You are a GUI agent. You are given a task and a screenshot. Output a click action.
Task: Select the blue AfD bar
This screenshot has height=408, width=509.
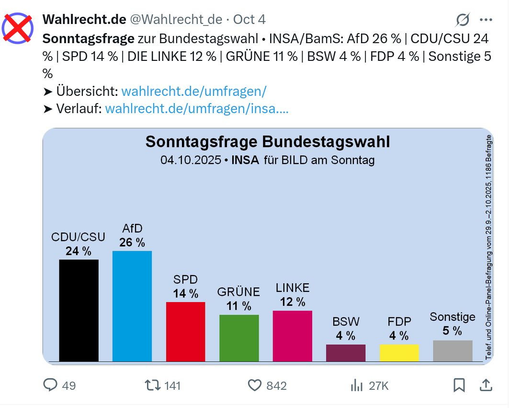pyautogui.click(x=132, y=305)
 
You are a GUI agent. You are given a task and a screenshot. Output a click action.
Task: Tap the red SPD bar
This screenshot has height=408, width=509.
pyautogui.click(x=185, y=331)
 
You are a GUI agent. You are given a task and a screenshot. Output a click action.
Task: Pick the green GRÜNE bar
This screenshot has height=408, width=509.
pyautogui.click(x=239, y=338)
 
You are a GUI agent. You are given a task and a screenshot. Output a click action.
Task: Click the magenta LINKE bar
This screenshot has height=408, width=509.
pyautogui.click(x=292, y=336)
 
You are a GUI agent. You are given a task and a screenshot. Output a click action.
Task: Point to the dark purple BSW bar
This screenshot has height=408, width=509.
pyautogui.click(x=345, y=352)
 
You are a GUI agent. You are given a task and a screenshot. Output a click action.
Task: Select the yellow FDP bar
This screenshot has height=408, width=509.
pyautogui.click(x=399, y=352)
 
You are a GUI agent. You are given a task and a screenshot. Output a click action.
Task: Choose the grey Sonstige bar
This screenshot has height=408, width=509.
pyautogui.click(x=452, y=350)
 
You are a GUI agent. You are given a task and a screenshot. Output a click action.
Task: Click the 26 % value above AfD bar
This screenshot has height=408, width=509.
pyautogui.click(x=132, y=243)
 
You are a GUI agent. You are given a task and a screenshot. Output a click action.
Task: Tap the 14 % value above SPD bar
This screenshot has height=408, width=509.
pyautogui.click(x=185, y=293)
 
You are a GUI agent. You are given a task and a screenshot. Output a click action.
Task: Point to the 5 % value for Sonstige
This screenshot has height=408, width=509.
pyautogui.click(x=452, y=331)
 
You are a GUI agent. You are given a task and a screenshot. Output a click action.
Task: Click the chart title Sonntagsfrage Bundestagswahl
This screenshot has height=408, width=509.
pyautogui.click(x=267, y=142)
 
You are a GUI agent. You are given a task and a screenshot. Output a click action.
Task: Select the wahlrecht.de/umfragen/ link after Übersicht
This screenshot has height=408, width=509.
pyautogui.click(x=193, y=91)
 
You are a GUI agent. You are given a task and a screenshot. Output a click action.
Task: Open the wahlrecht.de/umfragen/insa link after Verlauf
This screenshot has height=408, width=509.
pyautogui.click(x=196, y=109)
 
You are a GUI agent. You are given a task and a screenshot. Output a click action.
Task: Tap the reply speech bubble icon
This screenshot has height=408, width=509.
pyautogui.click(x=50, y=385)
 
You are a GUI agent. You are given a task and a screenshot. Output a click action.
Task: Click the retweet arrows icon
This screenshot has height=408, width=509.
pyautogui.click(x=152, y=385)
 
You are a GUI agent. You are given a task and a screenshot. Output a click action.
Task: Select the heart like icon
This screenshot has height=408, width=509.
pyautogui.click(x=254, y=385)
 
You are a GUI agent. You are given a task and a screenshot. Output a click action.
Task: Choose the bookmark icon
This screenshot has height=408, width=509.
pyautogui.click(x=459, y=385)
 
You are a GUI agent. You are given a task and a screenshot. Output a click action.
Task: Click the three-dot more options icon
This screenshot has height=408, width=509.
pyautogui.click(x=486, y=20)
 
